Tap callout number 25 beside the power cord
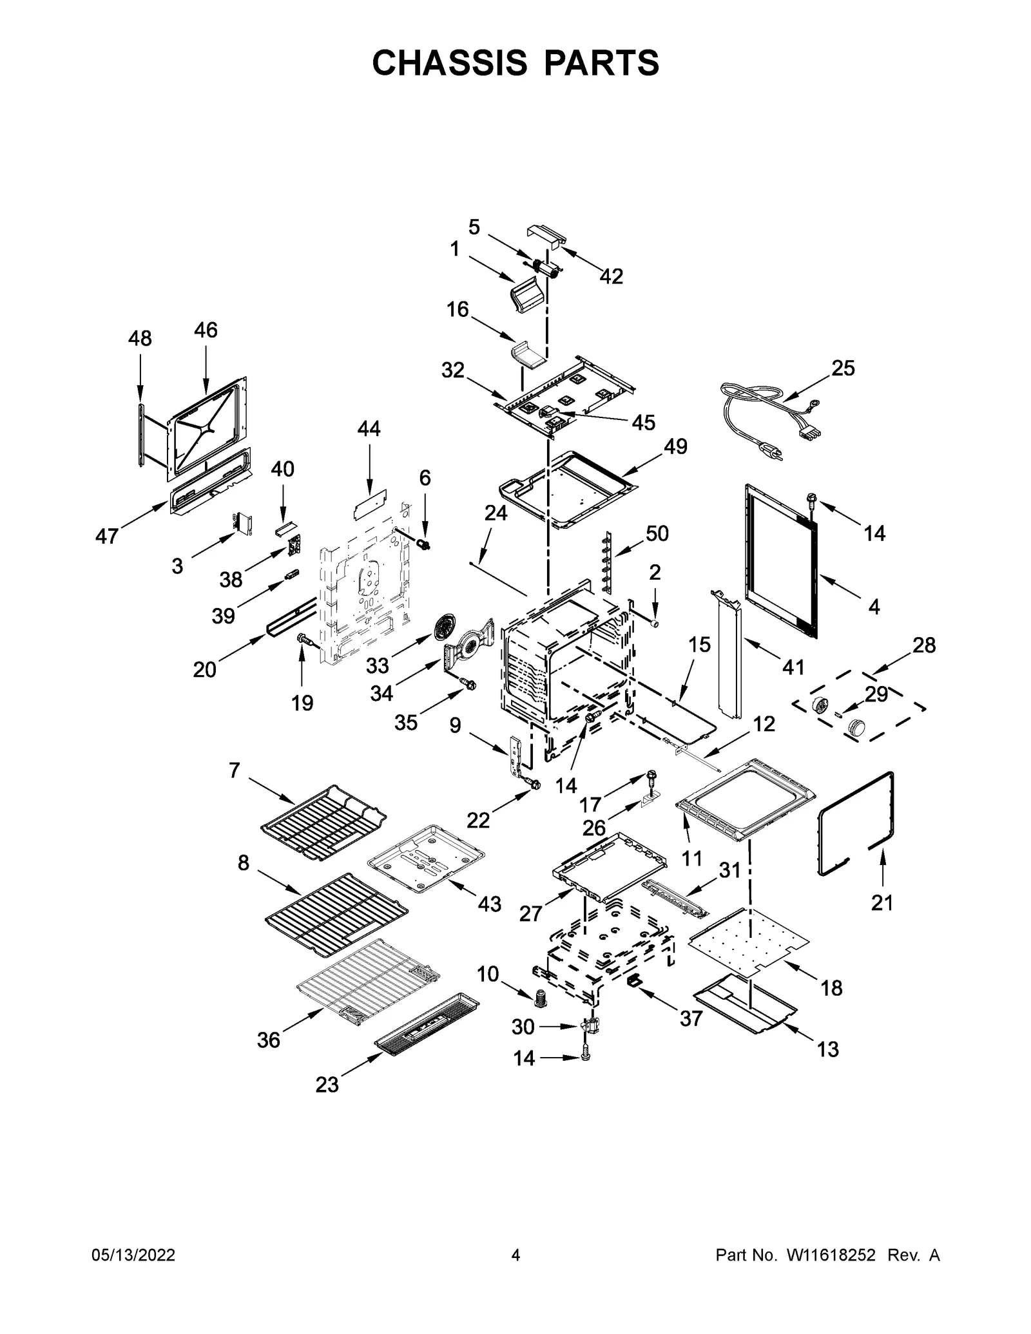843,368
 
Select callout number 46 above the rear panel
206,330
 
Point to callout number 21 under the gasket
882,903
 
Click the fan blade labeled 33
445,627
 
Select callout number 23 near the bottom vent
327,1085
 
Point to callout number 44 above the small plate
369,428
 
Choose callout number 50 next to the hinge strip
657,533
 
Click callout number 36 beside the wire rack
268,1040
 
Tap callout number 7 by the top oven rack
234,770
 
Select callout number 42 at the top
611,276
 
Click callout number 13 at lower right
828,1049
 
